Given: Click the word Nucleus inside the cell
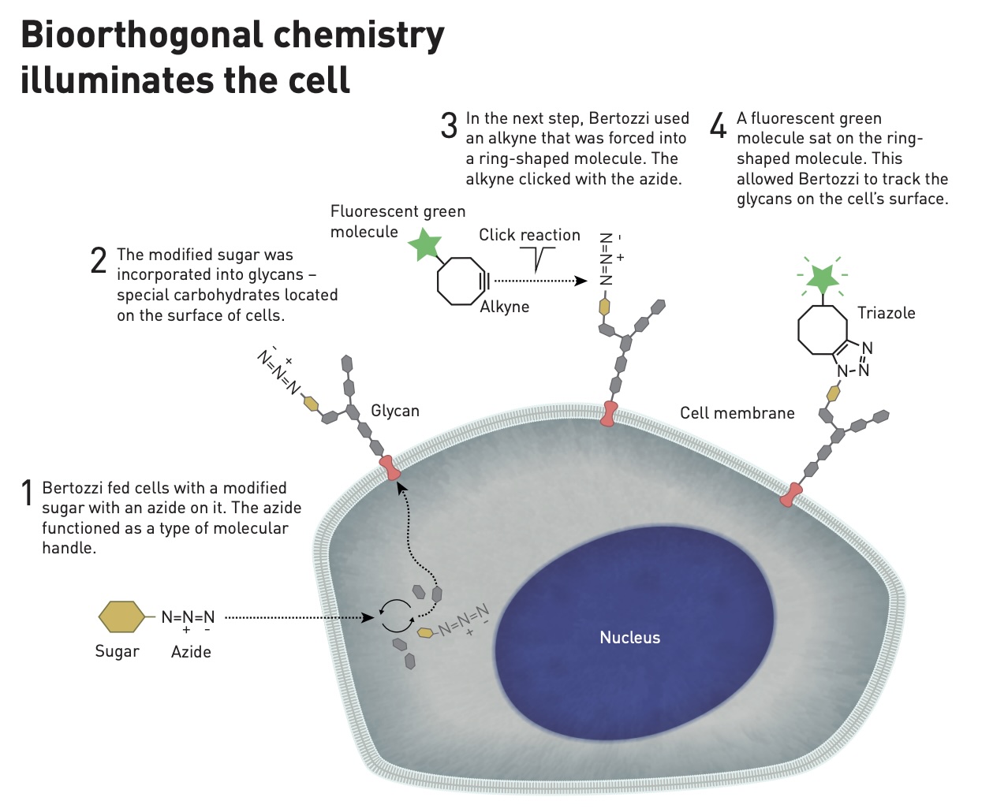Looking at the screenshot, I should [x=629, y=638].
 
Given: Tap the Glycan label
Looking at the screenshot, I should [x=395, y=411].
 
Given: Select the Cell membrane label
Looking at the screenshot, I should [x=737, y=413].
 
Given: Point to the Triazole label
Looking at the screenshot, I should [x=886, y=313].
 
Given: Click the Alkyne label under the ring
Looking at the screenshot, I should [x=505, y=307].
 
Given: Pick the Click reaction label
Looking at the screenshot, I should [x=529, y=235].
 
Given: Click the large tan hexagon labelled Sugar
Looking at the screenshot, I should [x=121, y=617].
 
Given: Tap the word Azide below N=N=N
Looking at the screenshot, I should [x=191, y=652].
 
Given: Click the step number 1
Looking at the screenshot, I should [x=28, y=494].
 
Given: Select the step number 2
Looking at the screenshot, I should [x=99, y=260].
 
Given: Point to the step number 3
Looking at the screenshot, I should [x=449, y=125].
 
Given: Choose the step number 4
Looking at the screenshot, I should [x=718, y=125].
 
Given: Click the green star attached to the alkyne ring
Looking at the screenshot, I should [x=425, y=244].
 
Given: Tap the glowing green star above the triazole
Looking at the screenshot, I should [x=822, y=277].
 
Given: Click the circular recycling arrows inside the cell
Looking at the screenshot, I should [x=397, y=616].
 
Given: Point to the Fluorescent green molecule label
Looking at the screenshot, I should [x=398, y=222].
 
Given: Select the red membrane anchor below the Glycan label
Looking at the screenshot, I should [x=390, y=468].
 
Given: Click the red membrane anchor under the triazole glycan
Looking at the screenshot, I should [x=791, y=495].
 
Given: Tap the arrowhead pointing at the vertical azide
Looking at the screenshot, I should [x=582, y=281].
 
